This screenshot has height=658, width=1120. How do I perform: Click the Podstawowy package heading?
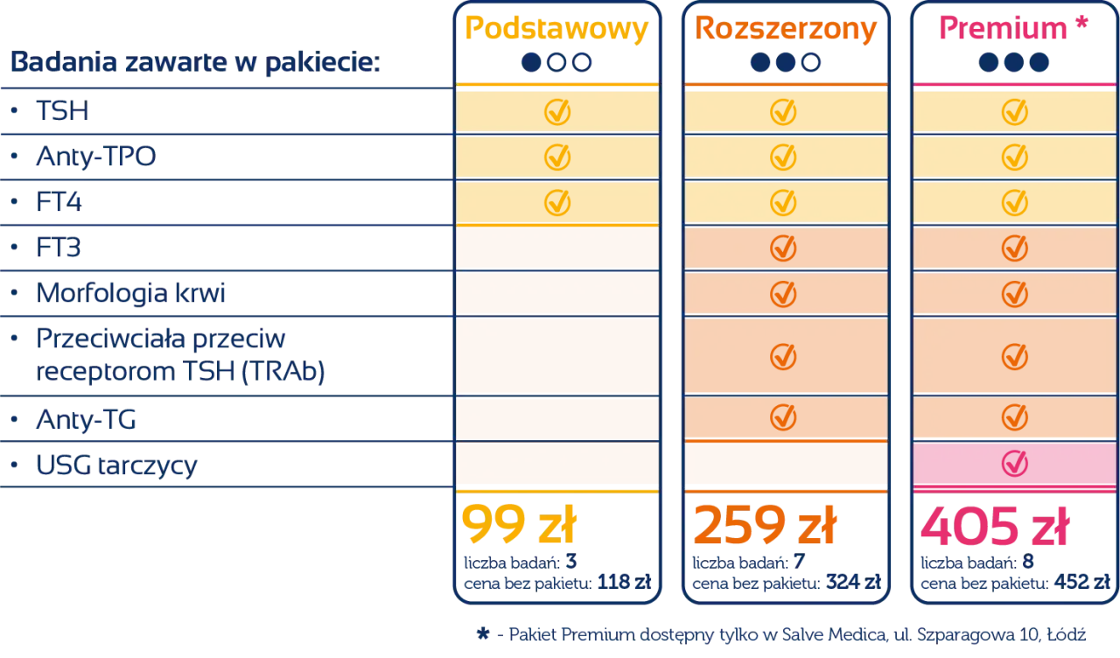tap(556, 30)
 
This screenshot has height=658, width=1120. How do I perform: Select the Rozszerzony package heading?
tap(785, 30)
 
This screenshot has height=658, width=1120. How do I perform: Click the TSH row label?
tap(63, 112)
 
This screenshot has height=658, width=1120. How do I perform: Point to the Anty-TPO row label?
tap(96, 157)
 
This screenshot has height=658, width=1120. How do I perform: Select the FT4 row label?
tap(59, 203)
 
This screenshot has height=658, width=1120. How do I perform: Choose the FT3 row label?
tap(59, 248)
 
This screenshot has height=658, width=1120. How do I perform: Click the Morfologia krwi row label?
tap(131, 294)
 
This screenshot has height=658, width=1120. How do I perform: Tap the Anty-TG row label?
tap(87, 421)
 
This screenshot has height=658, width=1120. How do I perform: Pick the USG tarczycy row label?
tap(115, 465)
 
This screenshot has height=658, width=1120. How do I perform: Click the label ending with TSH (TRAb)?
tap(182, 372)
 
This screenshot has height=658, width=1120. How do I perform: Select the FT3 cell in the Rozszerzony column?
tap(785, 248)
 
